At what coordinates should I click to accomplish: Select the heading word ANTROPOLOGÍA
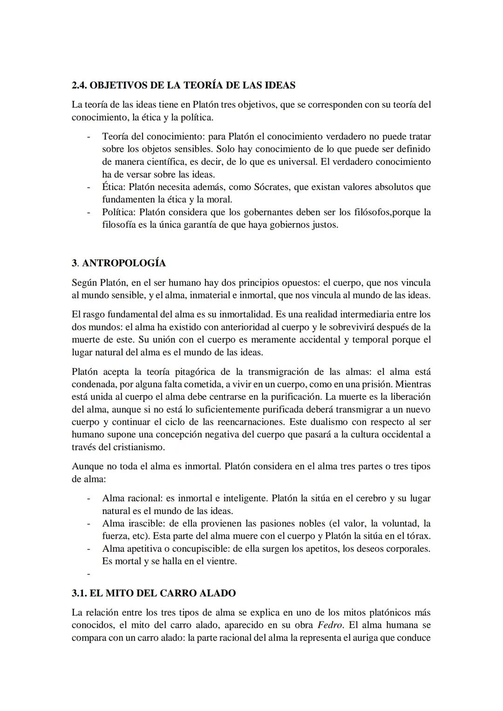tap(124, 263)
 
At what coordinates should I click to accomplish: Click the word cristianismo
tap(139, 447)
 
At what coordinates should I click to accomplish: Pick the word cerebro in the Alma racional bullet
tap(370, 498)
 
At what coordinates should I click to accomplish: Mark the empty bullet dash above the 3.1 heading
tap(88, 574)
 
